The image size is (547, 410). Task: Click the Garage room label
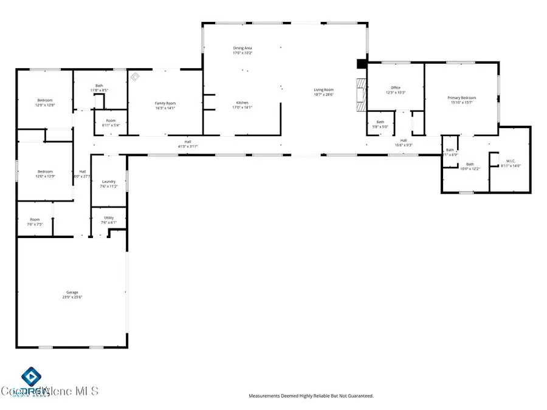click(72, 292)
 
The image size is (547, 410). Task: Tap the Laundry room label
click(109, 182)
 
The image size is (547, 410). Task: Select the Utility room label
click(109, 217)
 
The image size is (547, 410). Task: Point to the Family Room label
click(165, 103)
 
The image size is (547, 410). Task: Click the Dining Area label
click(243, 47)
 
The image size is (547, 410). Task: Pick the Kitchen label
click(243, 103)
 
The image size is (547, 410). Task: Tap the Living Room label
click(323, 90)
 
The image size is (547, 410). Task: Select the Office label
click(395, 87)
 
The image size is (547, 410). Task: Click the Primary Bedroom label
click(462, 97)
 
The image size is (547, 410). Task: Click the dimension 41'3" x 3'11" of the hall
click(188, 146)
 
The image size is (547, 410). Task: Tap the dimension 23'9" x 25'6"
click(72, 297)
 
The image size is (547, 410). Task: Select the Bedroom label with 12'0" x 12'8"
click(45, 100)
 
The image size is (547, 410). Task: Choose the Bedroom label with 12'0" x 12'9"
click(45, 171)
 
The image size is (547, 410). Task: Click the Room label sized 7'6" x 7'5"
click(35, 219)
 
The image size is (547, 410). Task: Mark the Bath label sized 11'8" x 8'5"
click(100, 86)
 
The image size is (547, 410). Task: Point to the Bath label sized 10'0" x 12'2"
click(470, 163)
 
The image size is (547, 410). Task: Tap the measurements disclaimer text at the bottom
click(311, 396)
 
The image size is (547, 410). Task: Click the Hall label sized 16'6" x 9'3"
click(404, 140)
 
